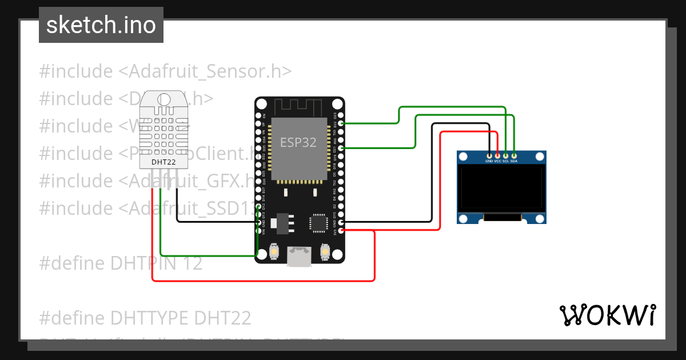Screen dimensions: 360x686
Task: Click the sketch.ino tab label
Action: (101, 25)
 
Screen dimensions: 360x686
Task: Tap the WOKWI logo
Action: (607, 315)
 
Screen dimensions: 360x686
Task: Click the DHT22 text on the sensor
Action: (163, 162)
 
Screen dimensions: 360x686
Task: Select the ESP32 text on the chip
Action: (298, 143)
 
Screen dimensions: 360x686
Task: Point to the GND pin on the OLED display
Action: (489, 155)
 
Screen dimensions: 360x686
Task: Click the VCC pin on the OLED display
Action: (497, 155)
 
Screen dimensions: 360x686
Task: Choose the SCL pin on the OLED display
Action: (506, 155)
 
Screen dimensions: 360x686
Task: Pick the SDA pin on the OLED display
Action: (514, 155)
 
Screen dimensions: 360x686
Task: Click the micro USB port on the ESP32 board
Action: (300, 257)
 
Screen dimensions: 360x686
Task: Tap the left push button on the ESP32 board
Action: (275, 252)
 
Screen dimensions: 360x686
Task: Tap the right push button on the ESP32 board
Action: (324, 252)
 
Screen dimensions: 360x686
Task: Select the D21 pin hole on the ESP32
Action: (341, 148)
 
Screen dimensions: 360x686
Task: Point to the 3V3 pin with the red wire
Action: (341, 230)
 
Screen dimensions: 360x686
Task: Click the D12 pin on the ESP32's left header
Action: (259, 206)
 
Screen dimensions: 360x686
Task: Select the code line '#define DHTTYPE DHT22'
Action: (145, 317)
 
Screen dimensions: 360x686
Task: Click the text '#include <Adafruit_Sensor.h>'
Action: (165, 71)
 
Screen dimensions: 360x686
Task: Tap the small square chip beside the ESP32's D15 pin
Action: (317, 222)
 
